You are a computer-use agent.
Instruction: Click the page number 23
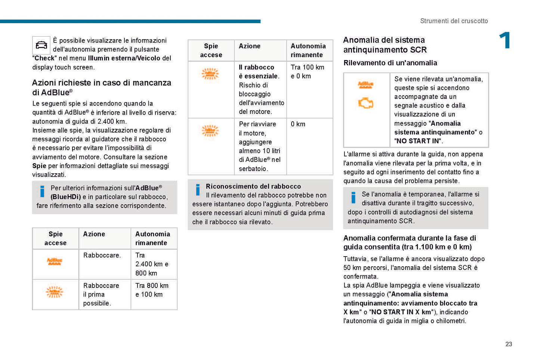tap(509, 344)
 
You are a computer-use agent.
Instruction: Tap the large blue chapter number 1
tap(505, 40)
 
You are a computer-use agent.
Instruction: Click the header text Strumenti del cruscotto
tap(454, 21)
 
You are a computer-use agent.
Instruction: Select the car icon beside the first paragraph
tap(41, 46)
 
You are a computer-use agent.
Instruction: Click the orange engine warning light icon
tap(365, 103)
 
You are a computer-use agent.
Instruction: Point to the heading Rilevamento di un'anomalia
tap(390, 63)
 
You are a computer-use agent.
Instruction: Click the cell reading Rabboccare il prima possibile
tap(101, 294)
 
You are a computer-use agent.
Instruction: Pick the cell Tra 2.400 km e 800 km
tap(152, 264)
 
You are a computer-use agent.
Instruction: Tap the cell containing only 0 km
tap(298, 124)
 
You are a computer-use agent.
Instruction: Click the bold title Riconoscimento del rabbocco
tap(253, 186)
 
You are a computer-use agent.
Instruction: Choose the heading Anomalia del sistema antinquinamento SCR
tap(385, 45)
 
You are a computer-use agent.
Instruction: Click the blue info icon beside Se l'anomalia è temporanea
tap(353, 198)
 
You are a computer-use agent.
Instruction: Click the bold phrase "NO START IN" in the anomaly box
tap(417, 141)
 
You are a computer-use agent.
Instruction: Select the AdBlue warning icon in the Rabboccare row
tap(55, 261)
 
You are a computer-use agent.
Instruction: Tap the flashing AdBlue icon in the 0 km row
tap(210, 131)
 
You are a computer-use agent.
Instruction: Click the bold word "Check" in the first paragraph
tap(44, 58)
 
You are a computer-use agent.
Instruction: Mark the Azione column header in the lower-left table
tap(94, 234)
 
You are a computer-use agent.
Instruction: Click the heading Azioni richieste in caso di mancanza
tap(101, 83)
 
